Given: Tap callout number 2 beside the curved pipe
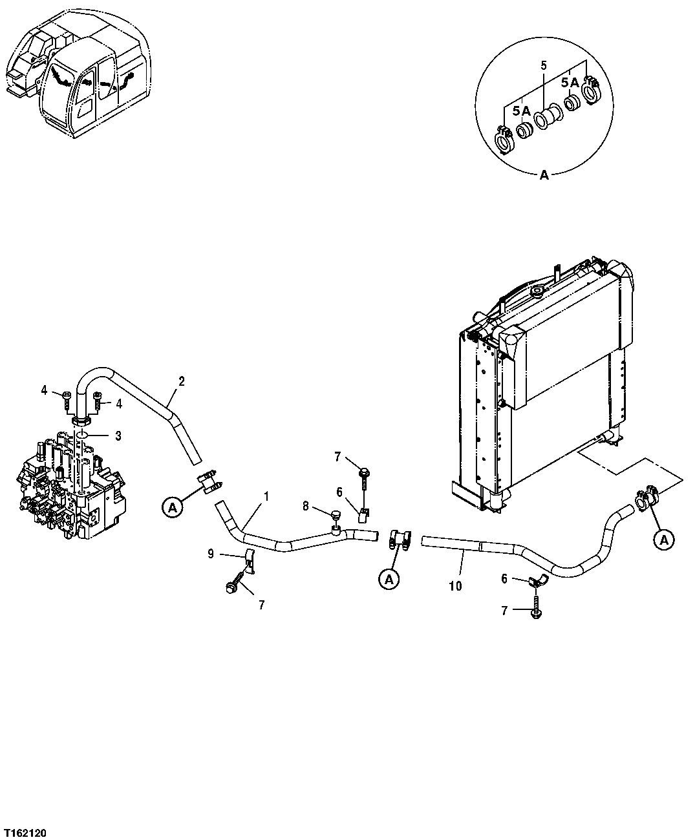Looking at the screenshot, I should click(182, 381).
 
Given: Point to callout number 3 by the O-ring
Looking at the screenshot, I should click(118, 436).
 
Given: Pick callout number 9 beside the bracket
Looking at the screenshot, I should click(211, 553).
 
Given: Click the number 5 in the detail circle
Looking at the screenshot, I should click(543, 65).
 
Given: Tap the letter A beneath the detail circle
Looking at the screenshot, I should click(544, 174).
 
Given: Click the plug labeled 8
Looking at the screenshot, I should click(336, 516).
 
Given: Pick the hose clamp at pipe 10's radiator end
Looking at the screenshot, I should click(647, 499).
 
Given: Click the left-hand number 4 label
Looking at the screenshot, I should click(44, 390).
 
